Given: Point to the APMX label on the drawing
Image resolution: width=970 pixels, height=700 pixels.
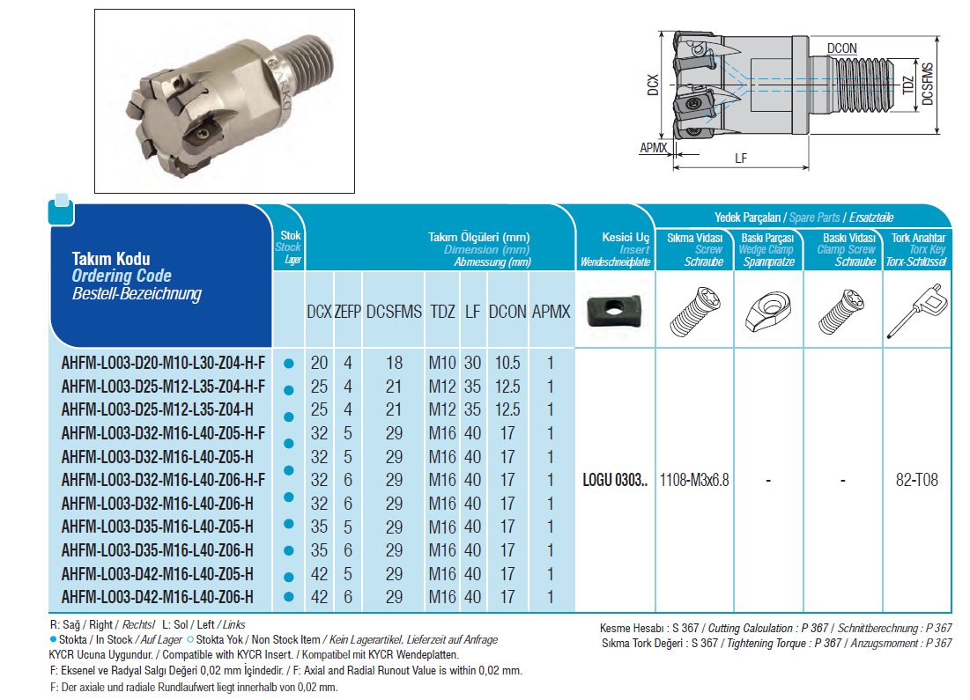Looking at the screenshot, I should click(x=653, y=149).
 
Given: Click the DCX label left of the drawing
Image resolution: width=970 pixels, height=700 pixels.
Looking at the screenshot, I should click(x=653, y=85).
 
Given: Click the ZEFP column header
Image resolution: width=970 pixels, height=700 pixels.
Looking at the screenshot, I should click(x=348, y=312).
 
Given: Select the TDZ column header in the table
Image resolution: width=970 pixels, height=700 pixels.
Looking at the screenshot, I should click(x=443, y=312).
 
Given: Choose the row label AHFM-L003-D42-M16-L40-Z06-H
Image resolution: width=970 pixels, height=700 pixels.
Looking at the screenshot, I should click(x=158, y=597).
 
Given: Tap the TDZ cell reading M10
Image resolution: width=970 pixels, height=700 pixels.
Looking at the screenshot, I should click(x=443, y=364).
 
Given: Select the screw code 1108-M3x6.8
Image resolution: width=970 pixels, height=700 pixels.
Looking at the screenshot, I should click(x=694, y=480).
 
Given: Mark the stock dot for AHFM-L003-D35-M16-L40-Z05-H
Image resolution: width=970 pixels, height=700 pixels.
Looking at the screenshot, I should click(x=288, y=527).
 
